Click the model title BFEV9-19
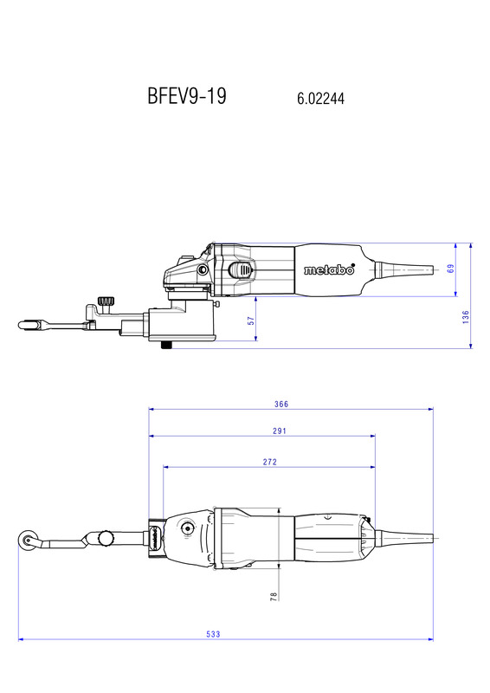(x=187, y=95)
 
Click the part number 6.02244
(x=320, y=98)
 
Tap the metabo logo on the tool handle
(x=329, y=269)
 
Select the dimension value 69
(x=451, y=269)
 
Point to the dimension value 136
(x=466, y=317)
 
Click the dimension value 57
(x=251, y=321)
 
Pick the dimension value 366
(x=281, y=404)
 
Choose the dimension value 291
(x=280, y=431)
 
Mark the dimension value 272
(x=269, y=462)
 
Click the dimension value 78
(x=274, y=596)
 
